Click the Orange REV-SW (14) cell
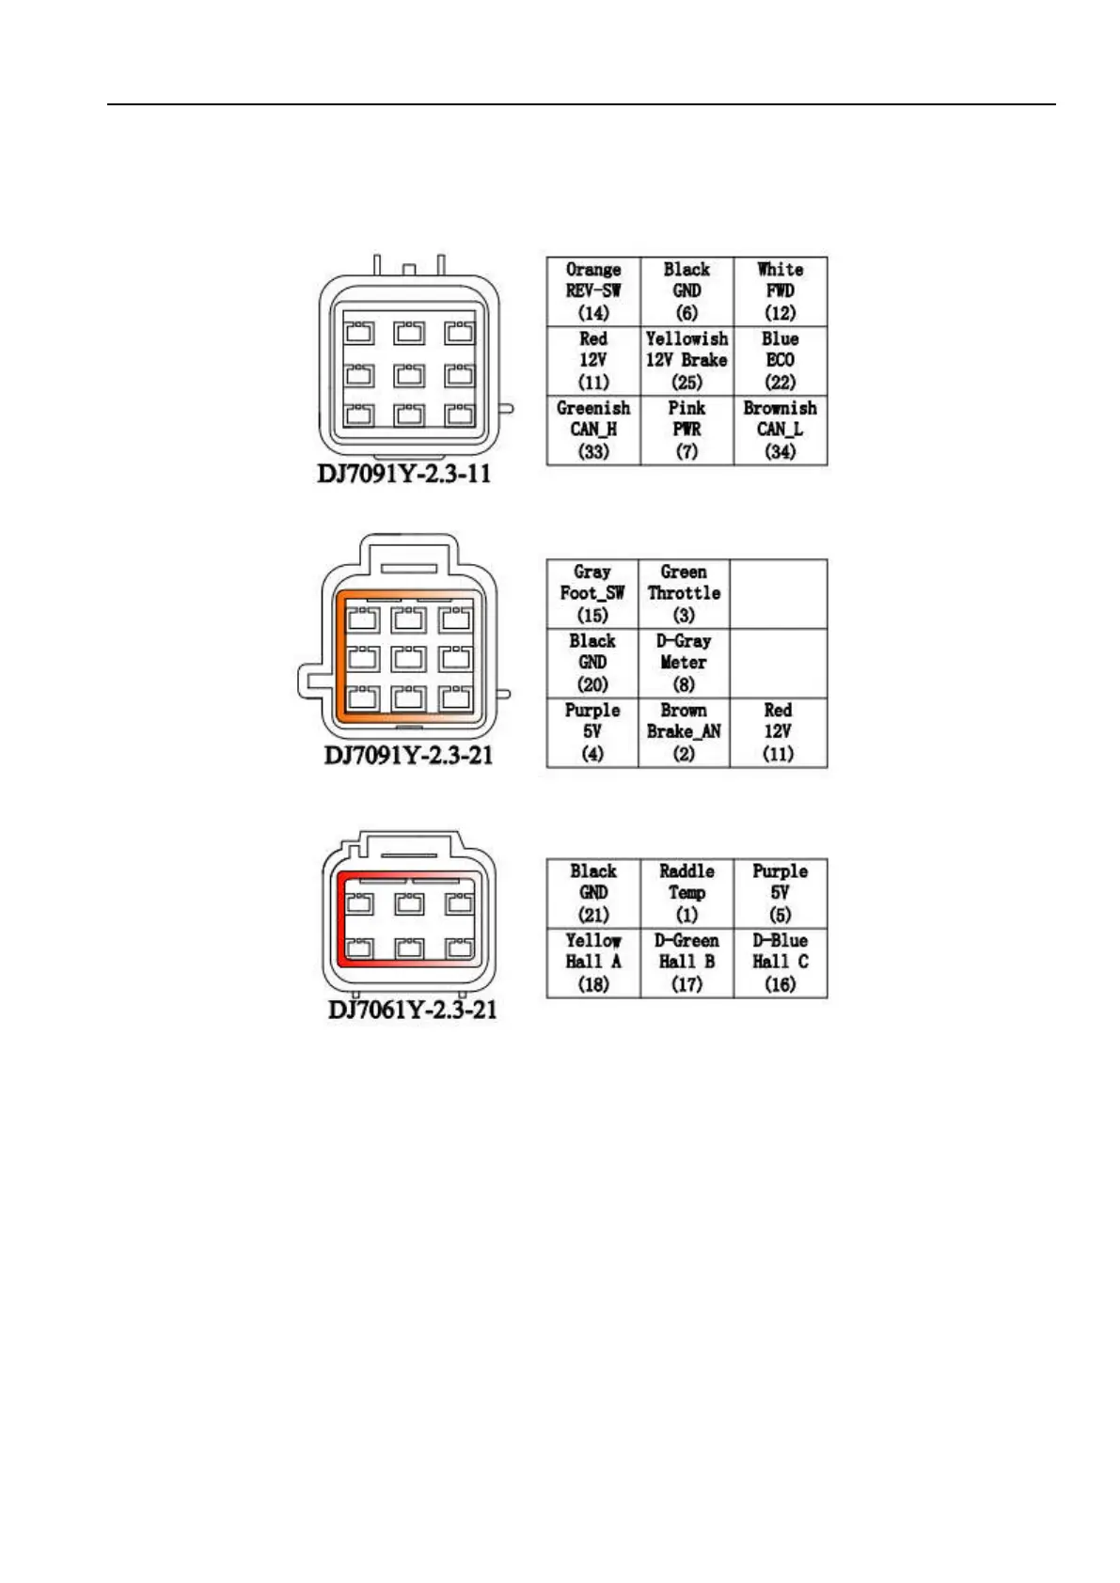pyautogui.click(x=593, y=291)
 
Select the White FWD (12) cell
pyautogui.click(x=780, y=291)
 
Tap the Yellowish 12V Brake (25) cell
pyautogui.click(x=686, y=361)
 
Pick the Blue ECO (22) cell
pyautogui.click(x=780, y=361)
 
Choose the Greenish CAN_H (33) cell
pyautogui.click(x=593, y=430)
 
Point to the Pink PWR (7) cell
pyautogui.click(x=686, y=430)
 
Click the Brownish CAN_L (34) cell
pyautogui.click(x=780, y=430)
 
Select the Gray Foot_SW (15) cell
pyautogui.click(x=592, y=594)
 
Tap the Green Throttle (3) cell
pyautogui.click(x=684, y=594)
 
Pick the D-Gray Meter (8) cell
pyautogui.click(x=684, y=663)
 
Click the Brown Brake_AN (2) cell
pyautogui.click(x=684, y=732)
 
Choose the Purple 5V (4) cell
pyautogui.click(x=592, y=732)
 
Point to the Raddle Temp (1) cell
pyautogui.click(x=686, y=893)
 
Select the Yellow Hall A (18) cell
pyautogui.click(x=593, y=963)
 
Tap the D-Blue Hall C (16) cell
pyautogui.click(x=780, y=963)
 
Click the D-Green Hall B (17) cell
pyautogui.click(x=686, y=963)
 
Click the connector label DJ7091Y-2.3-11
pyautogui.click(x=404, y=473)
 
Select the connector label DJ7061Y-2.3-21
pyautogui.click(x=412, y=1011)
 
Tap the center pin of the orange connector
pyautogui.click(x=408, y=658)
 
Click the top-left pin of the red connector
pyautogui.click(x=358, y=904)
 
